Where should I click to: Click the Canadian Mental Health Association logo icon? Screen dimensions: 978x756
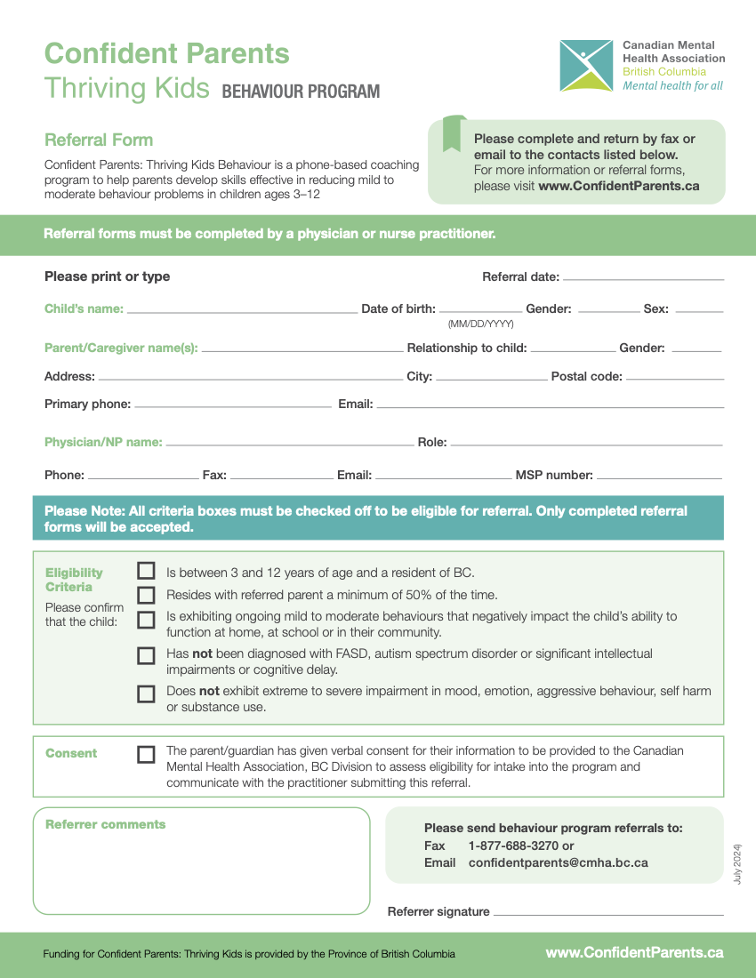586,65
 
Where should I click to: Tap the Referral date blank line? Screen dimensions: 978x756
643,279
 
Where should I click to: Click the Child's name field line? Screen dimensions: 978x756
241,312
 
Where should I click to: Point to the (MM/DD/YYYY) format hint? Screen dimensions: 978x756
480,325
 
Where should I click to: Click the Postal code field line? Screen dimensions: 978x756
674,379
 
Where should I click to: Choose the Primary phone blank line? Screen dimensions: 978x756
232,406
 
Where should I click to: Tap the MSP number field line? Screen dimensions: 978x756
658,477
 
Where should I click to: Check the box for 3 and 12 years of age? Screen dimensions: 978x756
146,572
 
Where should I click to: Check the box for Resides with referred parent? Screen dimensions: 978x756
146,595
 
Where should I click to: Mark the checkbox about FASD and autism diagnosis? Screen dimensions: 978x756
146,656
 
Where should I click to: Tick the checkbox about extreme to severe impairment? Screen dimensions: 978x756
146,693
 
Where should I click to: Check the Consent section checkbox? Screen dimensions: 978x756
146,754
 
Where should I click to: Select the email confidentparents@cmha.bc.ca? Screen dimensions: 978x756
558,862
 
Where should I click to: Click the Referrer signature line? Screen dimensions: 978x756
608,914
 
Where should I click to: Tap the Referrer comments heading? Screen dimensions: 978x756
105,824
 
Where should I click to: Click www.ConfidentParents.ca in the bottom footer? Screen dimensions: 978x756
634,952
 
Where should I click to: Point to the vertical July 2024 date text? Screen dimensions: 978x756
737,862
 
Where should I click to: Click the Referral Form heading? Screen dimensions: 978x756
99,140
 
